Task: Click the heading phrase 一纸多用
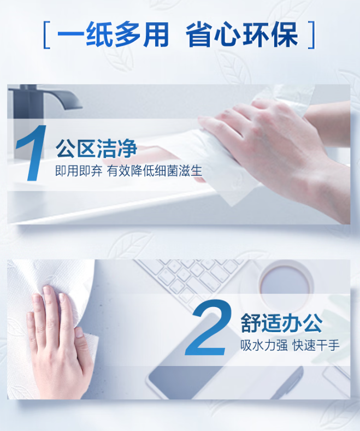113,34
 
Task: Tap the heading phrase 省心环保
242,34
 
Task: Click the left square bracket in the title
47,35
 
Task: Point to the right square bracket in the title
311,35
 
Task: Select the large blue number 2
208,327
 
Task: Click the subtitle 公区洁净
97,149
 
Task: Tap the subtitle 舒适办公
282,323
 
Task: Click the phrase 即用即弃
79,170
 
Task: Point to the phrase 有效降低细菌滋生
155,170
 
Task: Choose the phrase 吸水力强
264,345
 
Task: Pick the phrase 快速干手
316,345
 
